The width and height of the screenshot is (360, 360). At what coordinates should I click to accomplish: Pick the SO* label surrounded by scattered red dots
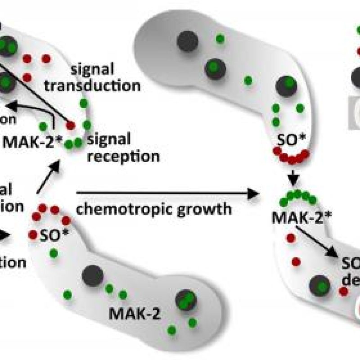tap(50, 236)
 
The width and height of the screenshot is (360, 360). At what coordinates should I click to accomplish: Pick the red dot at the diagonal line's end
tap(70, 125)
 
